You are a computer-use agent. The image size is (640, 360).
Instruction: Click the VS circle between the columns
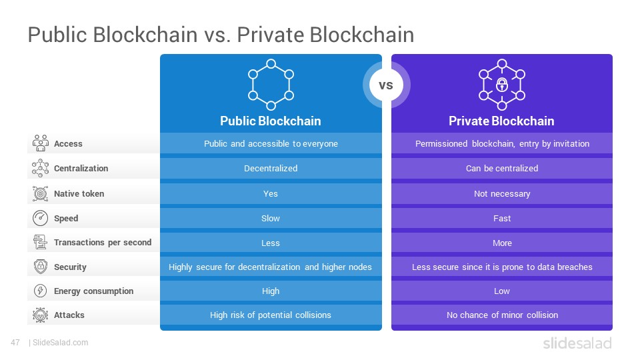(386, 85)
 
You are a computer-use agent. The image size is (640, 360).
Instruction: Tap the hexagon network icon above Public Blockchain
(271, 85)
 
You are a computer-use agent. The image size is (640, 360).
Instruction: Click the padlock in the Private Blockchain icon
(501, 85)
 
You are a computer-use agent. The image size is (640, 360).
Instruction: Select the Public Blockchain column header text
(271, 121)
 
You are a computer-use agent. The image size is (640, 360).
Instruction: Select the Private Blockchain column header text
(501, 121)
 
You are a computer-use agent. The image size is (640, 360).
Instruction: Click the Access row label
(68, 144)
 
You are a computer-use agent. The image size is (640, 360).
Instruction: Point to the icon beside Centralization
(40, 168)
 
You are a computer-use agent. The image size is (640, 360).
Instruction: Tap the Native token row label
(79, 193)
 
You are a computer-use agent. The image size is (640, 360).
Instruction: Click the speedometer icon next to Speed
(40, 218)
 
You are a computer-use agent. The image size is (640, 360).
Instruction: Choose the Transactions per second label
(103, 243)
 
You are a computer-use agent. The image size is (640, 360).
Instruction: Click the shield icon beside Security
(41, 267)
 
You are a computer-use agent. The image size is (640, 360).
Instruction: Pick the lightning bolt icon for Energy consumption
(40, 291)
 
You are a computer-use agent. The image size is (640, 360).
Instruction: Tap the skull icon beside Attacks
(40, 315)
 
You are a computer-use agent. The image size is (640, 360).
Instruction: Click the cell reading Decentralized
(271, 168)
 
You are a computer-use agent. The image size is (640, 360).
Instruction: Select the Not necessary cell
(502, 193)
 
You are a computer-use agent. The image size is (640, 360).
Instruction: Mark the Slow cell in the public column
(271, 219)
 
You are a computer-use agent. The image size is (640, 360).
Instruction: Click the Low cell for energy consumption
(502, 291)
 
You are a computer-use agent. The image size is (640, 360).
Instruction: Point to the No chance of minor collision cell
(502, 315)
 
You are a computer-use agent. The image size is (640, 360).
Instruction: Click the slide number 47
(15, 343)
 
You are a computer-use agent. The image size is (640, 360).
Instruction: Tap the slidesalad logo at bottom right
(577, 343)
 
